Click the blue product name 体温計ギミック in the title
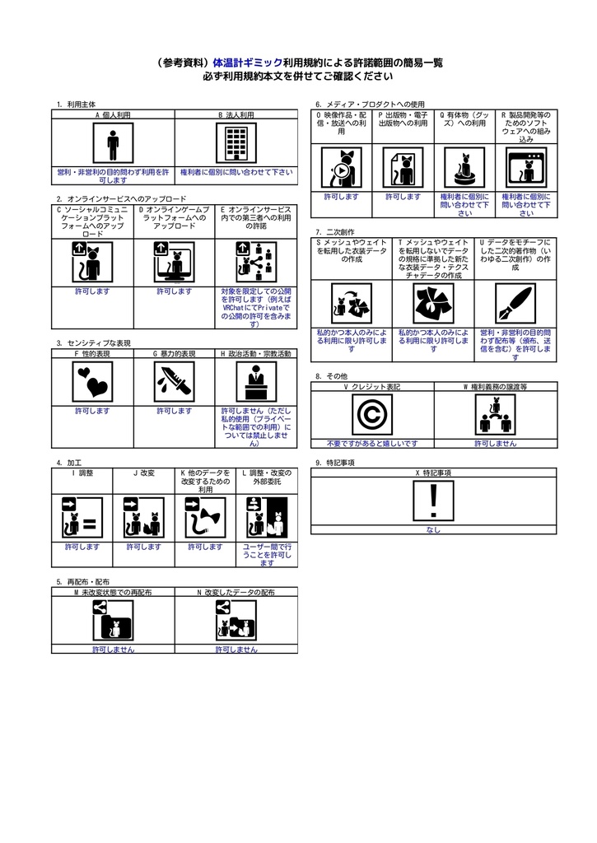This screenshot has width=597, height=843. click(x=247, y=63)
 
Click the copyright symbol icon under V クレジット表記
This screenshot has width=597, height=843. click(x=371, y=414)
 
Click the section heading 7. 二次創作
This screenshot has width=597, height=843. click(x=334, y=232)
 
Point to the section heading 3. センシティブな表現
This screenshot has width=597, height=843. click(x=94, y=342)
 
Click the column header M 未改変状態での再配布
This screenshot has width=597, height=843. click(x=113, y=592)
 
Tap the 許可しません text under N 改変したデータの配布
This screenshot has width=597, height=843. click(x=236, y=650)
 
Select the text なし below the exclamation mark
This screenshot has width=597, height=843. click(x=433, y=530)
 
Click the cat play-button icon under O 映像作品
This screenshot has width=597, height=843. click(x=340, y=168)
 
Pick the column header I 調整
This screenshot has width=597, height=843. click(x=82, y=473)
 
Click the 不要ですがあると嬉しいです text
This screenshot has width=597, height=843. click(x=371, y=443)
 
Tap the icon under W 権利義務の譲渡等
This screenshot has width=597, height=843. click(x=495, y=414)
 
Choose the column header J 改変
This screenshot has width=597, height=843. click(x=144, y=473)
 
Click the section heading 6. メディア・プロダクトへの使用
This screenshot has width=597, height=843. click(x=370, y=105)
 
